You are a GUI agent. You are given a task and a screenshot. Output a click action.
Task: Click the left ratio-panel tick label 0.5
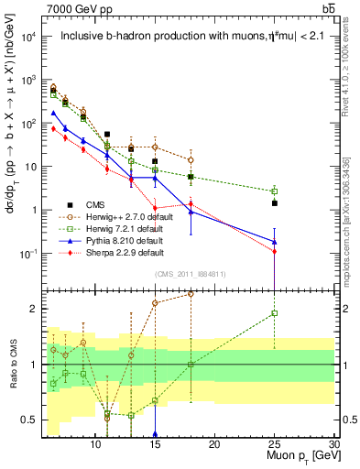pyautogui.click(x=29, y=420)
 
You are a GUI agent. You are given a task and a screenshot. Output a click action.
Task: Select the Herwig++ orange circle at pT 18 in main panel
pyautogui.click(x=191, y=159)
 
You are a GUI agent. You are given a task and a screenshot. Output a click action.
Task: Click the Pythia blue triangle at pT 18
pyautogui.click(x=191, y=212)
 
